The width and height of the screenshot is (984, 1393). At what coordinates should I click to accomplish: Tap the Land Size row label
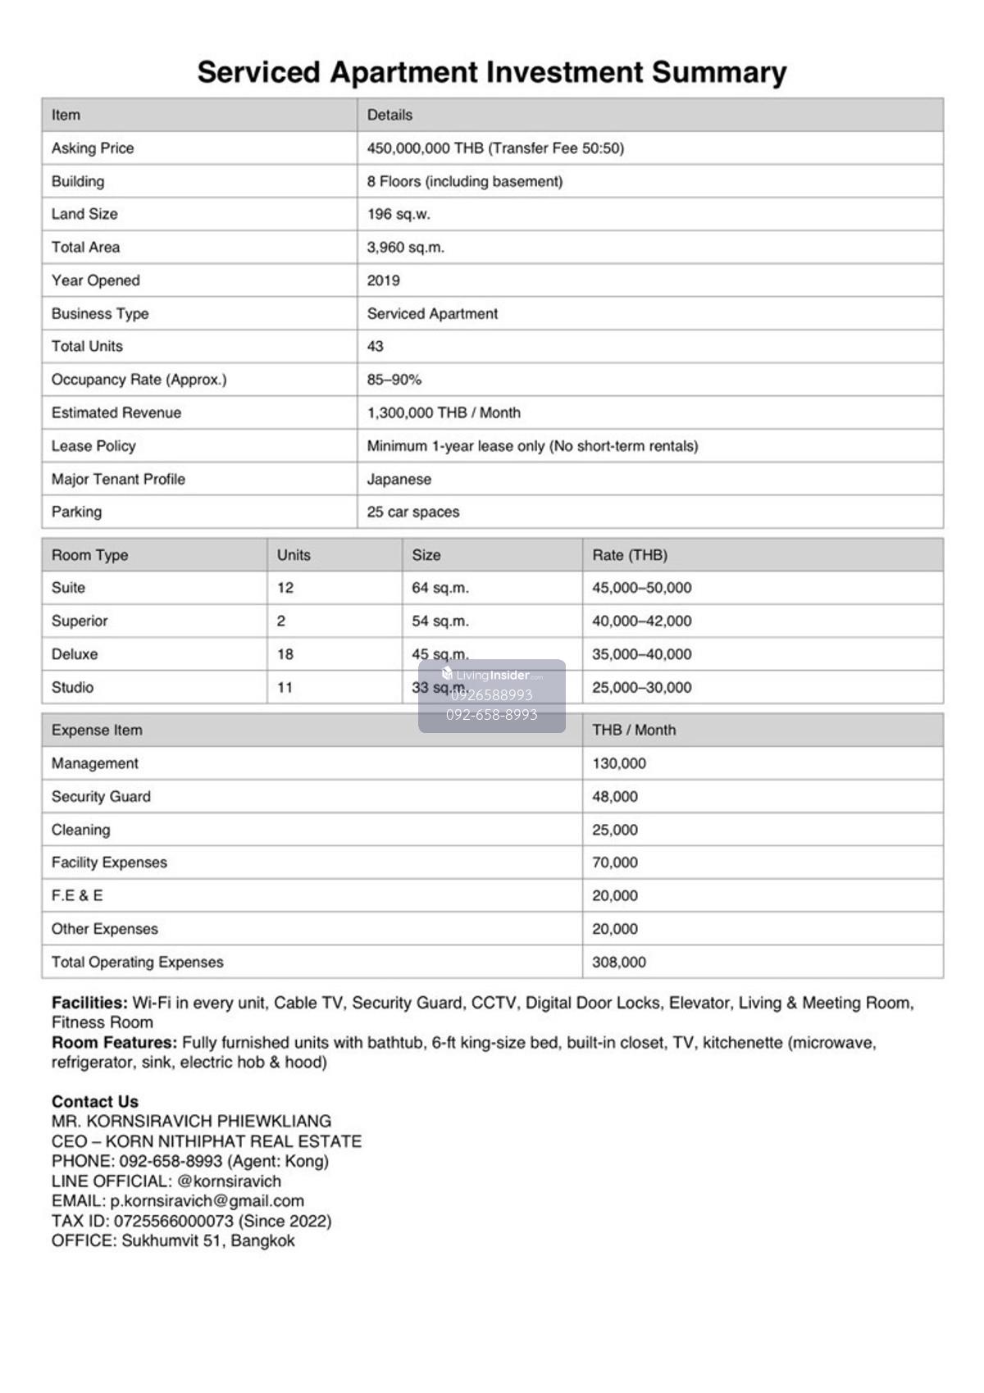click(x=84, y=214)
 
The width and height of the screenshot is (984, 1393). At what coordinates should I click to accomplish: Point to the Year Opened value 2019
click(x=383, y=280)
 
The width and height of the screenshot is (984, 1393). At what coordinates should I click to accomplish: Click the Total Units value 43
click(x=375, y=346)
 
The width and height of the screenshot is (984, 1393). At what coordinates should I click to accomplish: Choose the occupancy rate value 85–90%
click(x=394, y=380)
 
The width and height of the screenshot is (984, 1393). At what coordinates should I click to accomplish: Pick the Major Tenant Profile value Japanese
click(x=399, y=479)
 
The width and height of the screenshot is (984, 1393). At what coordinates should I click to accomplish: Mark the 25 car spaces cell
click(x=412, y=512)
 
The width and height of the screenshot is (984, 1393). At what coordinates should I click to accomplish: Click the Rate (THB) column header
click(x=629, y=555)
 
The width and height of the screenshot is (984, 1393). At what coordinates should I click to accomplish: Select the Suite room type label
click(x=68, y=588)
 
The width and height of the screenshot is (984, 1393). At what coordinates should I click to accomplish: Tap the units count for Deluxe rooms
click(x=285, y=654)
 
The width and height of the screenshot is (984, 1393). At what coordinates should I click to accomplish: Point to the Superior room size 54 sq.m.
click(x=440, y=621)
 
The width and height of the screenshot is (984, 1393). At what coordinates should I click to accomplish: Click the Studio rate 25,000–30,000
click(x=641, y=687)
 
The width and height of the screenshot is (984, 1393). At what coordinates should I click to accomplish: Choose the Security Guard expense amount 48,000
click(x=614, y=796)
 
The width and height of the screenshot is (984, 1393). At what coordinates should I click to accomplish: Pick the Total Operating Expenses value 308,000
click(x=618, y=962)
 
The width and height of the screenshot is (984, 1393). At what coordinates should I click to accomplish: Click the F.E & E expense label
click(x=77, y=895)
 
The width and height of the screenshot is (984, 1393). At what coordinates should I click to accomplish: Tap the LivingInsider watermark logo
click(x=492, y=676)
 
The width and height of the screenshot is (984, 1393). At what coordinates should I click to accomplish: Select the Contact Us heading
click(x=94, y=1101)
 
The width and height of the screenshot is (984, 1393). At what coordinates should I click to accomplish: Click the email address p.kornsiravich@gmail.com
click(x=207, y=1200)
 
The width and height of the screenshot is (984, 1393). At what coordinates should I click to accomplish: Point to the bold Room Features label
click(x=114, y=1042)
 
